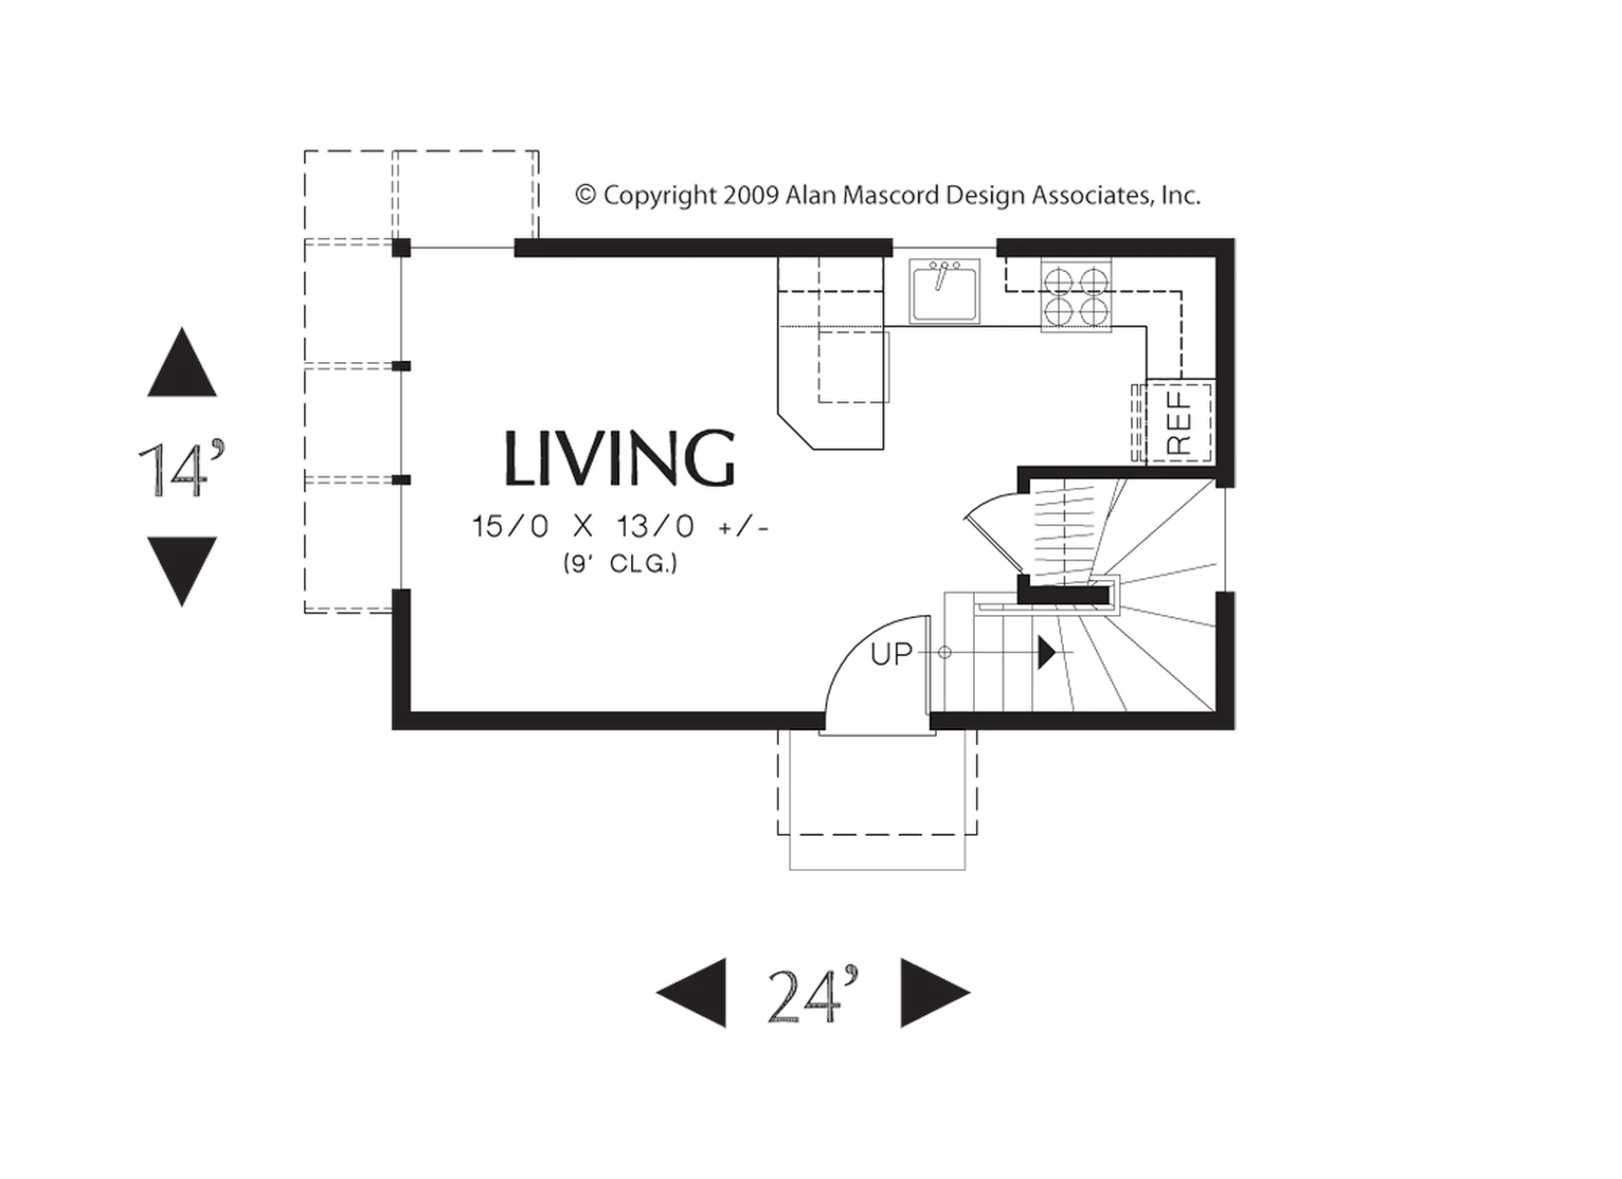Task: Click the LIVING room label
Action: tap(620, 458)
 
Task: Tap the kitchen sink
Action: tap(944, 290)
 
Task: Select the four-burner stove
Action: tap(1076, 296)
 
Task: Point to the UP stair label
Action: tap(891, 654)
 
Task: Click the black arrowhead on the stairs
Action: tap(1047, 652)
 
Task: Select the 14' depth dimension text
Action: tap(181, 468)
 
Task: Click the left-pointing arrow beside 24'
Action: tap(691, 993)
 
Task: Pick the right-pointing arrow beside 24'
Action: tap(935, 993)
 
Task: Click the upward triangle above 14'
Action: tap(182, 362)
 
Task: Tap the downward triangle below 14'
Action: tap(182, 572)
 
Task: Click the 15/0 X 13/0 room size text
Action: tap(620, 527)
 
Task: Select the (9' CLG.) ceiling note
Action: tap(620, 564)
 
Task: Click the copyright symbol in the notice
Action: tap(586, 195)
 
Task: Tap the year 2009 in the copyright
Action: tap(751, 195)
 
